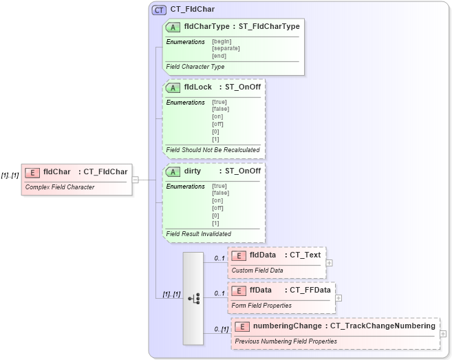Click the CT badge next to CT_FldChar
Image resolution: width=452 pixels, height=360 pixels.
click(159, 10)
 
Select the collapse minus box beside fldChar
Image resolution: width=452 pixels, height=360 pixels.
click(136, 180)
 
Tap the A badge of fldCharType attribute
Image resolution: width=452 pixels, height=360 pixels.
click(173, 26)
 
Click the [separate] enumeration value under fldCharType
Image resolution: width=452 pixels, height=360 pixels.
click(226, 48)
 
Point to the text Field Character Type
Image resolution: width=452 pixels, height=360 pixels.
click(195, 67)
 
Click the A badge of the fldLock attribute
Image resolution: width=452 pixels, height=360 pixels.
click(173, 87)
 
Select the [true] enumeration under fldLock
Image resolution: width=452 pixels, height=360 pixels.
click(219, 102)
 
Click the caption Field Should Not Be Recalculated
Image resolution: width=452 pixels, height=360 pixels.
click(213, 149)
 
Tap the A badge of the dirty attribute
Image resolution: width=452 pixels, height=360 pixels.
click(173, 171)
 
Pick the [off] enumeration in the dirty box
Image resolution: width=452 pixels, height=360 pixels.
click(218, 208)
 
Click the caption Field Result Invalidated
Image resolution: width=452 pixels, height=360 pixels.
click(199, 233)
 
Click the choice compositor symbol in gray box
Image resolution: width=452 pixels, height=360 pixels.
click(193, 298)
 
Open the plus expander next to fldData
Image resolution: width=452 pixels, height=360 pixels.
click(330, 262)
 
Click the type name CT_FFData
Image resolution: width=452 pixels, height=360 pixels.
click(310, 290)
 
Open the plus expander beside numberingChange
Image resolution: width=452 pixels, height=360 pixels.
click(442, 334)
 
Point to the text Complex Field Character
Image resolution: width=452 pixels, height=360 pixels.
click(60, 187)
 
